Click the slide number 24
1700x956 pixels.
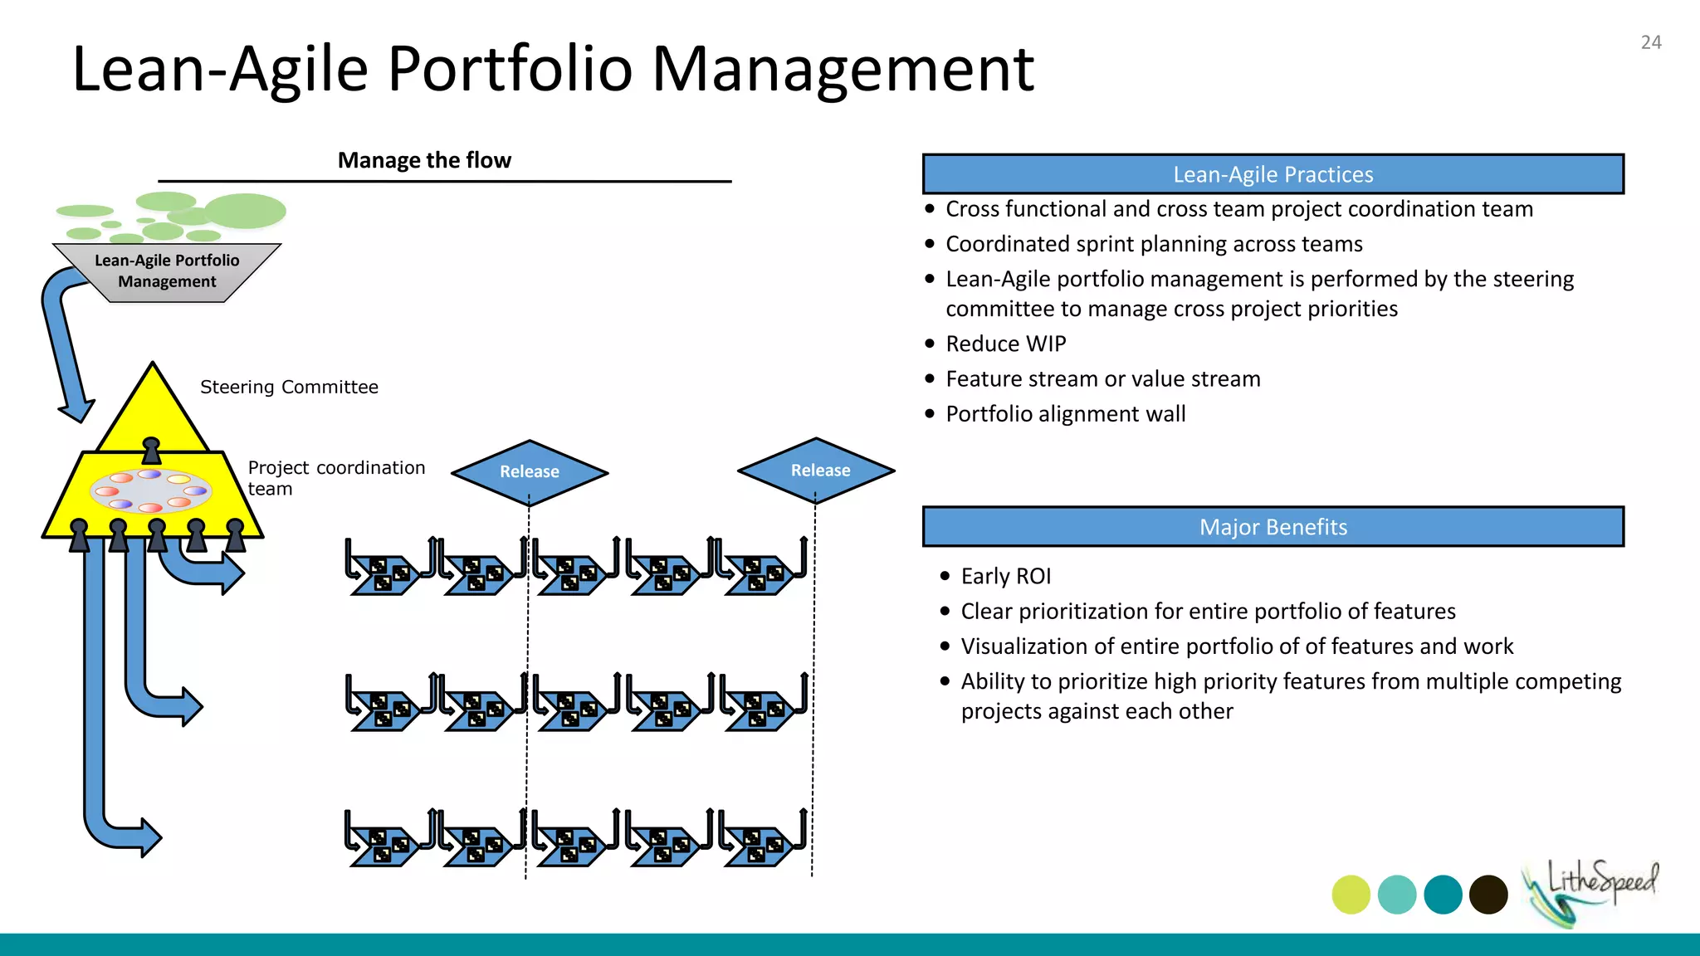[x=1650, y=42]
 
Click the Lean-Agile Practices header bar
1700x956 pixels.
[x=1273, y=174]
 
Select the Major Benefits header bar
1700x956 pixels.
[x=1273, y=527]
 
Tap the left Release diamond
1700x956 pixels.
[x=530, y=471]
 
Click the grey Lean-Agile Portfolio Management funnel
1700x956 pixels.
[x=167, y=271]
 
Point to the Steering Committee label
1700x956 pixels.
[x=289, y=387]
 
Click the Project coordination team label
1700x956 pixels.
[x=335, y=478]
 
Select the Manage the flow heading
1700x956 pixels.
[x=424, y=160]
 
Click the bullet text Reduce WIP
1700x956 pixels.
[x=1005, y=344]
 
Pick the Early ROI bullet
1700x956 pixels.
[x=1005, y=576]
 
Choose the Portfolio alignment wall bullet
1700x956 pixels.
[x=1065, y=413]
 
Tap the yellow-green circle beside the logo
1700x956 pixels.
[x=1351, y=895]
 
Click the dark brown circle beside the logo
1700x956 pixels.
[x=1488, y=895]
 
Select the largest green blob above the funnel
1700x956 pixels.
[x=245, y=211]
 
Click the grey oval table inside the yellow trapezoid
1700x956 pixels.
[x=150, y=490]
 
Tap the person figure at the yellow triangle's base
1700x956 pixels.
[x=151, y=451]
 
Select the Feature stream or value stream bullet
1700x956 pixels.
[x=1102, y=378]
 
